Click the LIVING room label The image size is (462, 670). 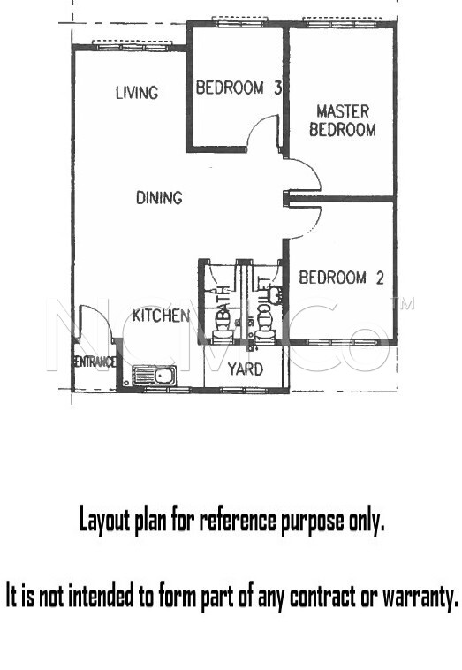click(137, 93)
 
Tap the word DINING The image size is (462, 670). click(159, 198)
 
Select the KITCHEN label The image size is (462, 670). click(161, 316)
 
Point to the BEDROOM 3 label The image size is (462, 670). click(239, 88)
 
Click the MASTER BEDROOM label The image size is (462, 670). click(343, 120)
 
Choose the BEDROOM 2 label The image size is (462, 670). click(341, 278)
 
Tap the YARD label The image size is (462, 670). click(245, 369)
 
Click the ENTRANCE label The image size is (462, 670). click(95, 362)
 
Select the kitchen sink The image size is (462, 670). click(154, 376)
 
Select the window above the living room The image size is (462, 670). click(132, 44)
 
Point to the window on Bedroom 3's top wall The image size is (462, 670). click(240, 20)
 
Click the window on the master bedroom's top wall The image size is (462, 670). click(342, 21)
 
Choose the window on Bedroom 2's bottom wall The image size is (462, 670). click(342, 342)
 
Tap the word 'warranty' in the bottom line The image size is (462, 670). click(420, 597)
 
